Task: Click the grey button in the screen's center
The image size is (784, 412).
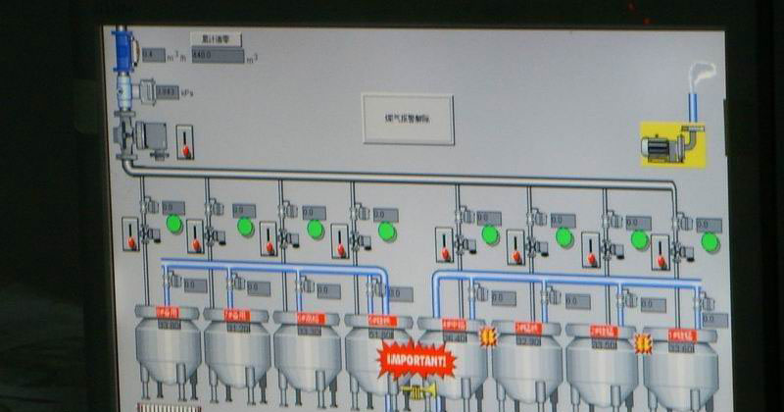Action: point(407,119)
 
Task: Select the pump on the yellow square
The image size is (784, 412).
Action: point(672,144)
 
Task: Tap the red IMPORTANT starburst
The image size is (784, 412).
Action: point(417,360)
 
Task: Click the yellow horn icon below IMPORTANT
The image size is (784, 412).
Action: point(422,391)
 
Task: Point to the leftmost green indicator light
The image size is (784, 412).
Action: point(174,224)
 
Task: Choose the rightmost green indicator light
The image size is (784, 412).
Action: point(710,241)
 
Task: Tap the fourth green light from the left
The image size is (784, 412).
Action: point(387,231)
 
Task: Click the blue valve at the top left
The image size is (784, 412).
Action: point(123,49)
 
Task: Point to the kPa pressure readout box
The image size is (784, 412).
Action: point(167,91)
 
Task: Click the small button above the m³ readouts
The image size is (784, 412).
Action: point(215,39)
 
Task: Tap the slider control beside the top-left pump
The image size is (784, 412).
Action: point(184,142)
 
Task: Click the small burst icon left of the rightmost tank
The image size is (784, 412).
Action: point(643,343)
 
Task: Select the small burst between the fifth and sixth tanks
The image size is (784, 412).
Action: point(488,336)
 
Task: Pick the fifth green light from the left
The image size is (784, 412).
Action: point(489,234)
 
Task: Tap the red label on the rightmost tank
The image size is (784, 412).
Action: point(680,335)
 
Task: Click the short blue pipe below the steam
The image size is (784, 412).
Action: point(692,104)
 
